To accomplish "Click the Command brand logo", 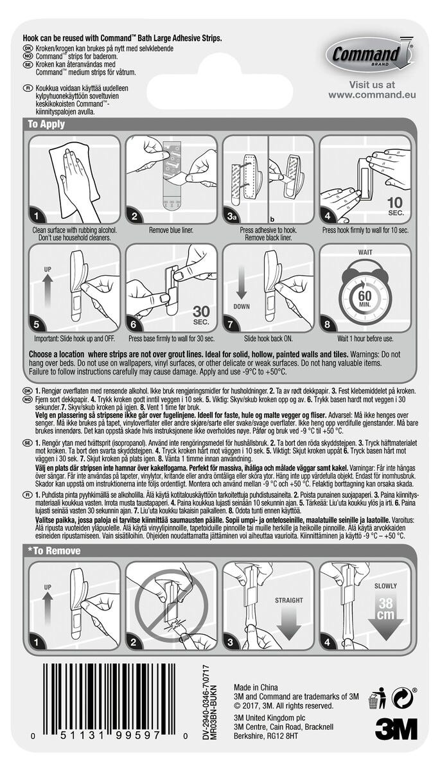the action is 370,53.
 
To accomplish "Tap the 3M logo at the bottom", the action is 396,729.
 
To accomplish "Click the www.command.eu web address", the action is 372,94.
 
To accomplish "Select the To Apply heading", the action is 46,124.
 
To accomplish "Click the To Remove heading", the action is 55,551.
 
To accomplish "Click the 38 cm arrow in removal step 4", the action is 385,614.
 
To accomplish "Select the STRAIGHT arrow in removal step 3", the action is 288,624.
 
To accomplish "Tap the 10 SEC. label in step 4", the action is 395,206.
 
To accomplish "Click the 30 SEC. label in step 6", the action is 201,315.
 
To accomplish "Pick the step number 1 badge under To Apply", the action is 36,216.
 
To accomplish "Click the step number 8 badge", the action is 327,324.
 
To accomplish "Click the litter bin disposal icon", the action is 377,698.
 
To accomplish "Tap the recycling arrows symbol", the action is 403,697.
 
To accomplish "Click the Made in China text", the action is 256,687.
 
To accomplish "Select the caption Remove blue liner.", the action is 171,230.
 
